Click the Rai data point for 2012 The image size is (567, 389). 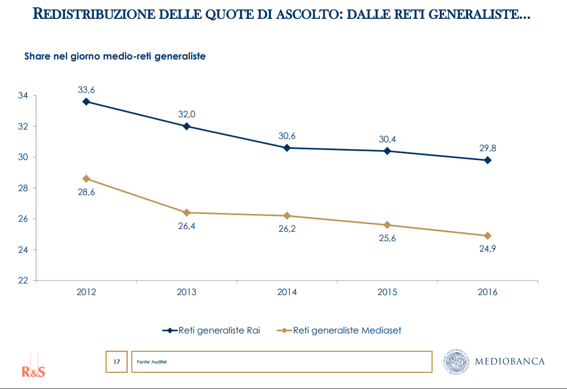86,102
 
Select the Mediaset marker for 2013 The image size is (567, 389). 187,212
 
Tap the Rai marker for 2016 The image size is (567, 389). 488,160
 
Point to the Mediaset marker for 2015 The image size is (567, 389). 387,225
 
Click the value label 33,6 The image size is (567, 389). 86,89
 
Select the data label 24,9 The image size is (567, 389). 487,249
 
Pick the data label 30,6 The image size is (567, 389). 287,136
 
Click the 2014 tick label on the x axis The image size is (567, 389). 287,292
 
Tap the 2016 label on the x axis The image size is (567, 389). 488,292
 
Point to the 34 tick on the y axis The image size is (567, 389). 23,96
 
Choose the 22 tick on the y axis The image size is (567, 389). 23,281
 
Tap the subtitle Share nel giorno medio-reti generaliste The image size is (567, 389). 115,56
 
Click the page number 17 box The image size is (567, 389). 117,362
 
